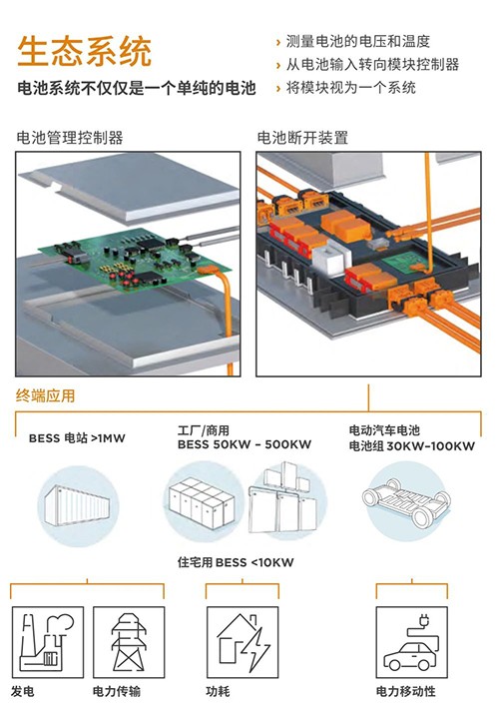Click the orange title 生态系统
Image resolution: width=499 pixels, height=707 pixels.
(84, 51)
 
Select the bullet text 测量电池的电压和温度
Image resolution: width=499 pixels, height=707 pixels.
(358, 42)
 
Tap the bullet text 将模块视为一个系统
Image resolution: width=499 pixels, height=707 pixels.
(350, 88)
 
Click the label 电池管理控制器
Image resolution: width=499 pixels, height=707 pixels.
(70, 138)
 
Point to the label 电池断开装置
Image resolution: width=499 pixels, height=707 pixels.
(302, 138)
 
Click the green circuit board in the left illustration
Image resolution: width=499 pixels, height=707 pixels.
(135, 261)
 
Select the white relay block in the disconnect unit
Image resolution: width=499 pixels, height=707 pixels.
(331, 257)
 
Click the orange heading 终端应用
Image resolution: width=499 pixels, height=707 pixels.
(45, 395)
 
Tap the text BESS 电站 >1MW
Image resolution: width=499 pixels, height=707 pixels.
(77, 438)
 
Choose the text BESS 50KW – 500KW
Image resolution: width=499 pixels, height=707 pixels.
(245, 444)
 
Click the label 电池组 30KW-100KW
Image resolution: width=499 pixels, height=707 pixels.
(411, 446)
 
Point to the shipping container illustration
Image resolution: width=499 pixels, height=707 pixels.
(77, 506)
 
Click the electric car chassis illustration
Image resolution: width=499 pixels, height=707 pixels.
(406, 501)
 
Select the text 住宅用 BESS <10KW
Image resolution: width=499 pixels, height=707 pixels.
(236, 562)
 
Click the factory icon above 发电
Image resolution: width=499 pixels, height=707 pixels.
(48, 642)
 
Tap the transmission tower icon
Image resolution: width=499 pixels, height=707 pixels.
(129, 642)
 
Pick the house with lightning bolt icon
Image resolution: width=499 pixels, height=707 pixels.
(243, 642)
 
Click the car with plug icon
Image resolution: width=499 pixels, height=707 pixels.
(412, 642)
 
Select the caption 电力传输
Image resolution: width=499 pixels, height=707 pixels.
(117, 691)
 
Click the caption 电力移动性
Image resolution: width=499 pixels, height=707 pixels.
(406, 691)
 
